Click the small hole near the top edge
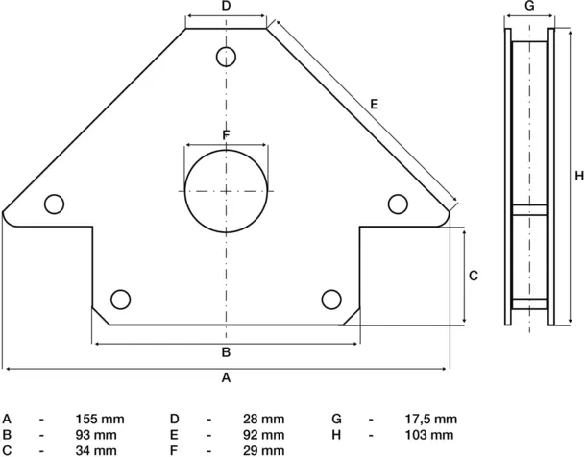[x=227, y=55]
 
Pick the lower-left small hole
[x=121, y=299]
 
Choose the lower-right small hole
[x=332, y=299]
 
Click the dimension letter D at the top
[x=227, y=7]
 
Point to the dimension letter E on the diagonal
[x=374, y=104]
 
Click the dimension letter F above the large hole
[x=227, y=135]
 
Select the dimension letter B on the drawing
[x=227, y=351]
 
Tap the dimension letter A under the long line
[x=227, y=378]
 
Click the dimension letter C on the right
[x=474, y=276]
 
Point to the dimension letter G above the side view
[x=529, y=7]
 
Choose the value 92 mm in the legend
[x=264, y=435]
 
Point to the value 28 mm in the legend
[x=264, y=420]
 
